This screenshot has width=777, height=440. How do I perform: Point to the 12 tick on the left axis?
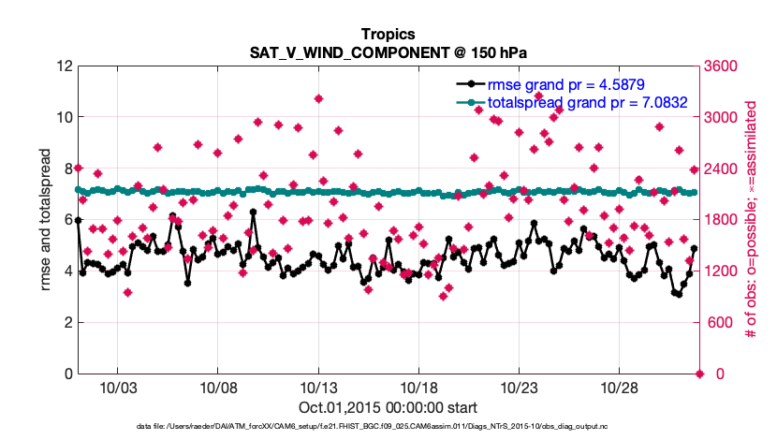click(64, 66)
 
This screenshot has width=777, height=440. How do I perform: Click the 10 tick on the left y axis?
click(64, 118)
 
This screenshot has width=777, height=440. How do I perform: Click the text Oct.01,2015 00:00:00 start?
click(388, 407)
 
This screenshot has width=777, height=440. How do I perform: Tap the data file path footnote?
click(388, 427)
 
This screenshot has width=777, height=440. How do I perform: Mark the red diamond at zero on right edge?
click(699, 374)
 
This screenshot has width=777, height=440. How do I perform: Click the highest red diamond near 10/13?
click(319, 98)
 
